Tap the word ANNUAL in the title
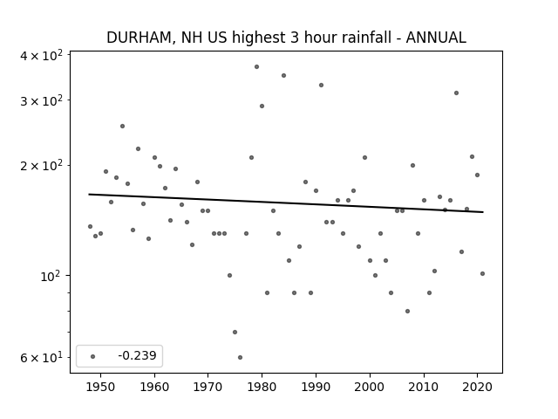(x=436, y=38)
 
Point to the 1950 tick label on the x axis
(x=100, y=387)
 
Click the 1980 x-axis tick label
(x=262, y=387)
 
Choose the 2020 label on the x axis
(x=477, y=387)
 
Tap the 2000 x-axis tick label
(x=370, y=387)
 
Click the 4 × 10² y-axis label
(x=41, y=56)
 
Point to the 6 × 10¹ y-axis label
(x=41, y=357)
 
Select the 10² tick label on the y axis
(x=51, y=277)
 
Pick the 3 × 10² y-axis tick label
(x=41, y=101)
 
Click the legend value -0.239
(x=137, y=355)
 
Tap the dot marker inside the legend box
(x=93, y=356)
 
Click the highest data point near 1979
(x=256, y=67)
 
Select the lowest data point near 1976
(x=241, y=357)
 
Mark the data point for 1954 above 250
(x=122, y=126)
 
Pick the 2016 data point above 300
(x=456, y=93)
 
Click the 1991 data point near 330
(x=322, y=86)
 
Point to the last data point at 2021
(x=482, y=273)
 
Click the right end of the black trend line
(x=483, y=212)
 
